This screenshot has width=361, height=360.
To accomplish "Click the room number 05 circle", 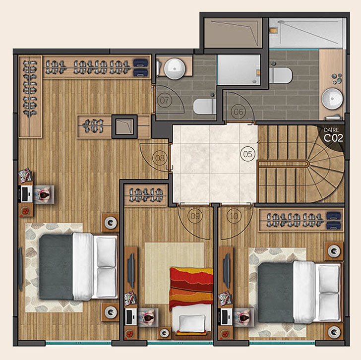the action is point(248,154).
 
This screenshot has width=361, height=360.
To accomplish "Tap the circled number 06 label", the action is point(238,112).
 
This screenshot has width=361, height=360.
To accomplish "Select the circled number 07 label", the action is point(165,100).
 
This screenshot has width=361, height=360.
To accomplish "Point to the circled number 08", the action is point(160,158).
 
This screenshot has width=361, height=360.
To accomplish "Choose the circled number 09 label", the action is point(195,216).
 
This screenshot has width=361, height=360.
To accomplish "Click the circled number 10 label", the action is point(234,216).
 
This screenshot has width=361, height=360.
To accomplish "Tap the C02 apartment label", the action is point(333,138).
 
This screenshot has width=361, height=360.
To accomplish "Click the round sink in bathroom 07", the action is point(175,68).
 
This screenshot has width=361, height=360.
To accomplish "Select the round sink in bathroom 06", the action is point(332,99).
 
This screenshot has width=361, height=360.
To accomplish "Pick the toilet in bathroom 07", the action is point(204,107).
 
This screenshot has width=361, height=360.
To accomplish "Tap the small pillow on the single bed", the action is point(192,323).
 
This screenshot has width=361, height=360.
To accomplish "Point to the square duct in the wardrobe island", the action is point(124,126).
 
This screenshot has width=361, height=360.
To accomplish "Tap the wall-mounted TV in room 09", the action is point(131,270).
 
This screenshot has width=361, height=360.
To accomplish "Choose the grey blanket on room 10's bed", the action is point(276,293).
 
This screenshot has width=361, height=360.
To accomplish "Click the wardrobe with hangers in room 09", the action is point(145,195).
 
